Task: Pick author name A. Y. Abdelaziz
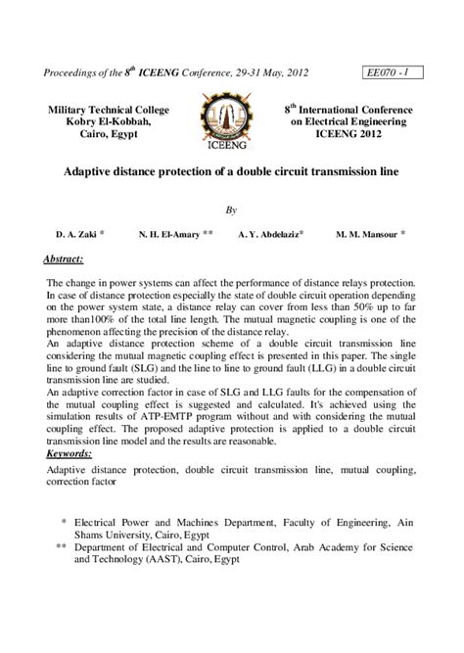tap(269, 235)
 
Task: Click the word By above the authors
tap(232, 210)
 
